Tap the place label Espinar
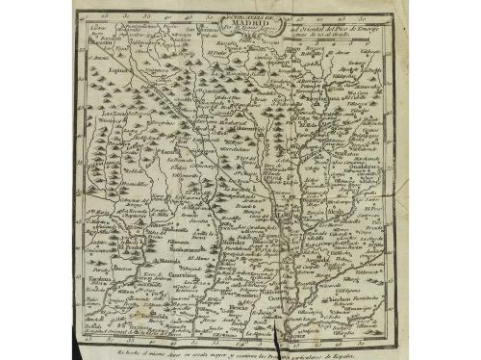tap(117, 70)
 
